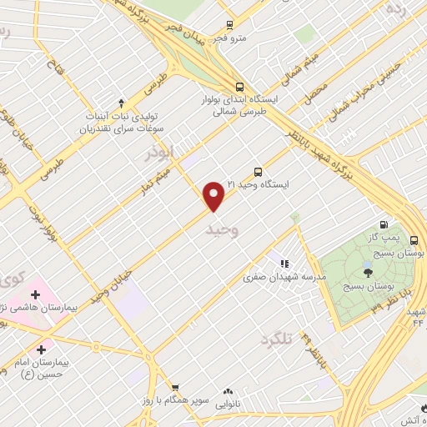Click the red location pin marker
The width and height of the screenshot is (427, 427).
(214, 196)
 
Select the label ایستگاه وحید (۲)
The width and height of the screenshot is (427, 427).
(224, 184)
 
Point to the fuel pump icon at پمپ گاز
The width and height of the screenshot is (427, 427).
(383, 224)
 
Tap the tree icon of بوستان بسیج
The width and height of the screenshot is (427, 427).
(368, 271)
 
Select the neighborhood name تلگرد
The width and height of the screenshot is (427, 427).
(279, 339)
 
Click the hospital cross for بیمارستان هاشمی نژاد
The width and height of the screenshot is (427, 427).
(35, 294)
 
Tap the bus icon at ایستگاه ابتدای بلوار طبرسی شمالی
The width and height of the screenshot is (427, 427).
(240, 86)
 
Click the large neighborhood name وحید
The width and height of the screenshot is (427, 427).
(221, 229)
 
